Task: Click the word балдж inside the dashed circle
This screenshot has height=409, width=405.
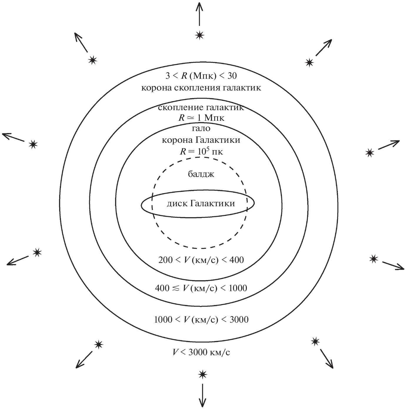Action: [201, 174]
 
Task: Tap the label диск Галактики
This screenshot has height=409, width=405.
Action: [201, 203]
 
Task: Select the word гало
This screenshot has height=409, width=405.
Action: [201, 128]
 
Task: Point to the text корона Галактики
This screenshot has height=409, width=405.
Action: [201, 140]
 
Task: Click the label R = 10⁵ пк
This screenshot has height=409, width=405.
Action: [201, 151]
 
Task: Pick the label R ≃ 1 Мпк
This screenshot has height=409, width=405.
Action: [201, 118]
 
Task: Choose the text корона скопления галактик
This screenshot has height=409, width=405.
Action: [201, 88]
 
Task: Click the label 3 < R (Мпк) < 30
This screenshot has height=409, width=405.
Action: [201, 76]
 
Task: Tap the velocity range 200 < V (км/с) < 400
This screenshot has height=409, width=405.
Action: [201, 260]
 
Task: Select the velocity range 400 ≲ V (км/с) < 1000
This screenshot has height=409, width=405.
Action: [201, 288]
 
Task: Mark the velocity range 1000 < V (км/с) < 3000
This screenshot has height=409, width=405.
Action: [201, 319]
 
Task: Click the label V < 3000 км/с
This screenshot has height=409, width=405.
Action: [201, 352]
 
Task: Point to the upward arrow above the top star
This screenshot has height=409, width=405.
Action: [200, 14]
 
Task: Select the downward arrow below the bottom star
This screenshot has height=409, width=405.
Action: [203, 395]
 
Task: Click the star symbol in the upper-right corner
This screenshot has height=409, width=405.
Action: [309, 63]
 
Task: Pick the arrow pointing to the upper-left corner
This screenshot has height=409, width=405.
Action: [81, 43]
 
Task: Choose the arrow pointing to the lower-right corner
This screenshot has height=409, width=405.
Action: [326, 358]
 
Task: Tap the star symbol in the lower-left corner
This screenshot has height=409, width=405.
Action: [99, 344]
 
